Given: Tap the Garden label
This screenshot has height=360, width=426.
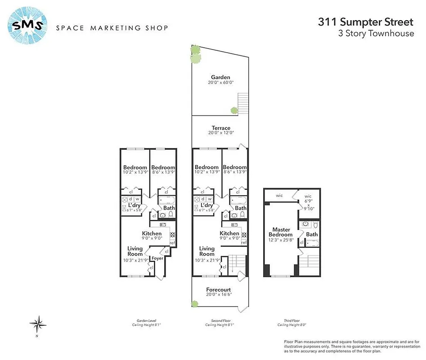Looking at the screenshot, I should click(x=220, y=77).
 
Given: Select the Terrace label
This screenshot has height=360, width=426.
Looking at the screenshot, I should click(x=220, y=128).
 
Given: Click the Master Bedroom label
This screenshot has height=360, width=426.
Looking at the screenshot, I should click(x=279, y=232).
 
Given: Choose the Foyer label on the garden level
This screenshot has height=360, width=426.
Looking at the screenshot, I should click(x=157, y=258).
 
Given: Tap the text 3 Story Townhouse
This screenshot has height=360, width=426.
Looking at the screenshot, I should click(x=376, y=34).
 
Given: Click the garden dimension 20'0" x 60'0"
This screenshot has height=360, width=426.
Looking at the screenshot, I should click(x=220, y=83).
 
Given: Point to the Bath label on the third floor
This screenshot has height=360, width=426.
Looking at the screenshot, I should click(x=312, y=234).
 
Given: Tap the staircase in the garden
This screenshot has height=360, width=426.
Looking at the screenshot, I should click(x=242, y=103).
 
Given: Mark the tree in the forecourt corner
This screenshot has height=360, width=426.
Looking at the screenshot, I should click(x=195, y=304).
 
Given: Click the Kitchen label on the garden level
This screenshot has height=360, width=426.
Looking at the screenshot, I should click(x=152, y=234).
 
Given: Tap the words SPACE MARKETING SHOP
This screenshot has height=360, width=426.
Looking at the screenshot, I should click(x=112, y=28).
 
